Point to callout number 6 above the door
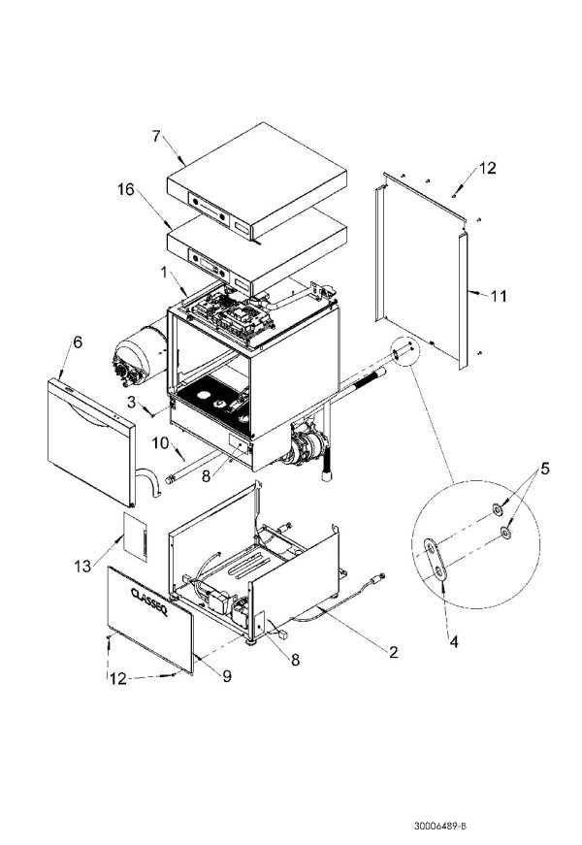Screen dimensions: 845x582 (x=77, y=342)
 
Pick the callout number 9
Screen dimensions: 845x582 (x=225, y=677)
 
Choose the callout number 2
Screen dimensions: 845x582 (x=393, y=652)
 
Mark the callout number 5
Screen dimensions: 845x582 (x=544, y=469)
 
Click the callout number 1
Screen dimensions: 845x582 (x=166, y=273)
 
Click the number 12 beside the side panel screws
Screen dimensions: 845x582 (x=487, y=168)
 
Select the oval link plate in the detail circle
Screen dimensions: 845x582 (x=436, y=561)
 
